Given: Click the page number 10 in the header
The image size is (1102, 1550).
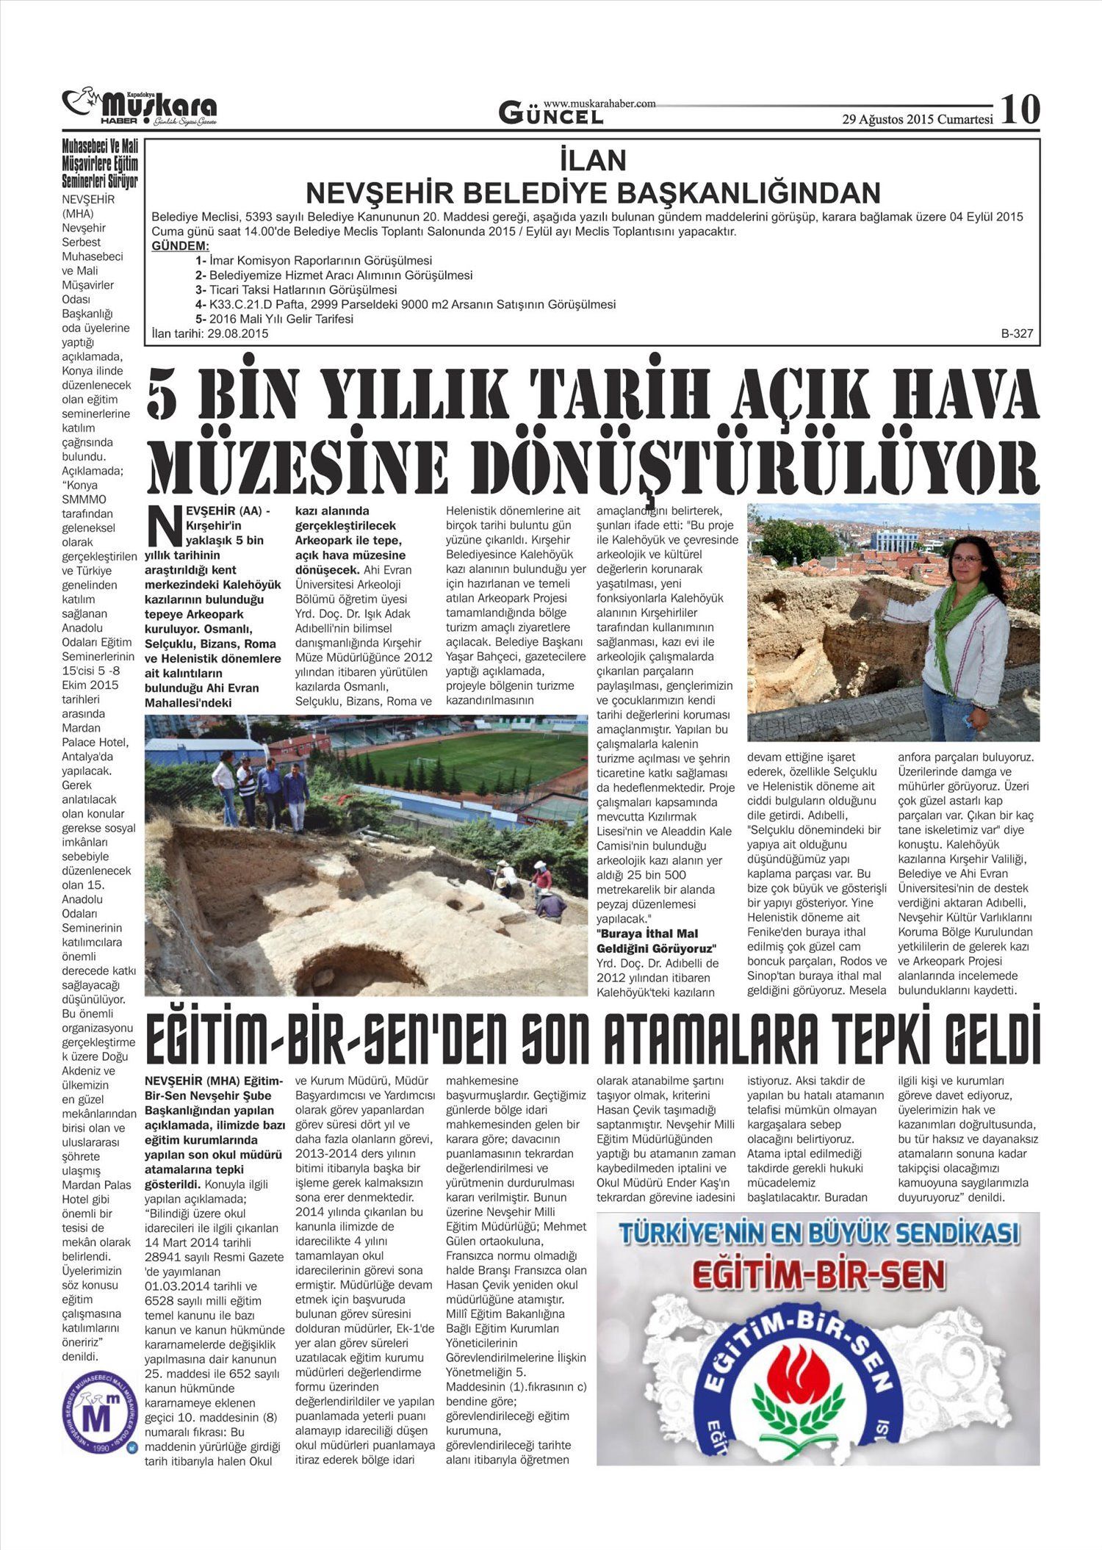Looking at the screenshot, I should click(1020, 109).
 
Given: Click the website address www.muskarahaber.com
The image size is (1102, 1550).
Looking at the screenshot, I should click(599, 104).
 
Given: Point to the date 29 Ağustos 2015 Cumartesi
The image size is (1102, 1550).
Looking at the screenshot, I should click(917, 119).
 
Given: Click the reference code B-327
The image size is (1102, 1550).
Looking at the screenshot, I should click(1017, 334).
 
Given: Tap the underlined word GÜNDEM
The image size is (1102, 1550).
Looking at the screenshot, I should click(180, 246).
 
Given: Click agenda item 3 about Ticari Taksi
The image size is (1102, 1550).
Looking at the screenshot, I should click(296, 289).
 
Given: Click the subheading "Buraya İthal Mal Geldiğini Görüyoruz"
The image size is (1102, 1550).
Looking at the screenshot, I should click(656, 941).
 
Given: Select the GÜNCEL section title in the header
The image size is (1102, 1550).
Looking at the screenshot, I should click(551, 114).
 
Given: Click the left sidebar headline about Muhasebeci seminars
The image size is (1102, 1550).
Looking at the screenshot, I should click(100, 164).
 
